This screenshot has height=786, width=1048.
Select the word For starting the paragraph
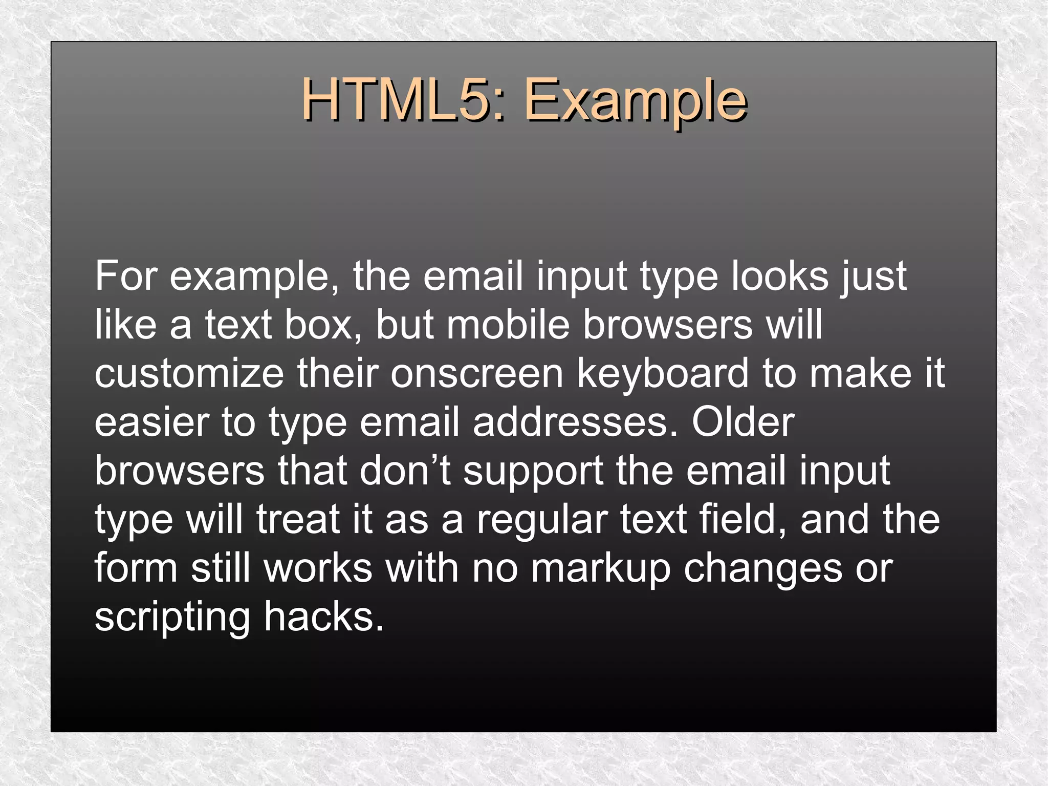125,277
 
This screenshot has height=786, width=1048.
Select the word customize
189,374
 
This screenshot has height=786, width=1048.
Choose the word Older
743,422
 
